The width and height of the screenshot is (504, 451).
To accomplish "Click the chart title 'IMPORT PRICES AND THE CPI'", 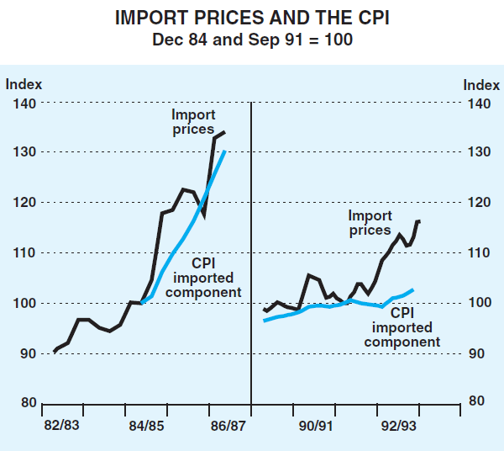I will pyautogui.click(x=251, y=17).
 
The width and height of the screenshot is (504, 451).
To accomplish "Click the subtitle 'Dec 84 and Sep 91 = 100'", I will pyautogui.click(x=251, y=39).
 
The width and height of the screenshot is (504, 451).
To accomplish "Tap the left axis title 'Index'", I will pyautogui.click(x=24, y=84).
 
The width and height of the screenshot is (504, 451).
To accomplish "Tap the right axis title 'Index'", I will pyautogui.click(x=480, y=84).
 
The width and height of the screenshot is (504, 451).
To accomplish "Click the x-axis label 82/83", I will pyautogui.click(x=61, y=426).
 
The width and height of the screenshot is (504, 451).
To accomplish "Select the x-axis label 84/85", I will pyautogui.click(x=146, y=426).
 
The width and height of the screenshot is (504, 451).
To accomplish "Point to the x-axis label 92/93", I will pyautogui.click(x=396, y=426).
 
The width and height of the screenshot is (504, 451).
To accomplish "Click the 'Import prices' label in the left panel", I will pyautogui.click(x=193, y=122).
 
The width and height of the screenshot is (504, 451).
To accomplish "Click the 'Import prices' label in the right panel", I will pyautogui.click(x=370, y=223).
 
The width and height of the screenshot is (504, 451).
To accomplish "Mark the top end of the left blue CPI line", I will pyautogui.click(x=225, y=151).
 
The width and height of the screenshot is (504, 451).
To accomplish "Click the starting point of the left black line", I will pyautogui.click(x=55, y=351).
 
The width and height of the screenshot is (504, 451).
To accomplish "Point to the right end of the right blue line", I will pyautogui.click(x=413, y=289).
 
